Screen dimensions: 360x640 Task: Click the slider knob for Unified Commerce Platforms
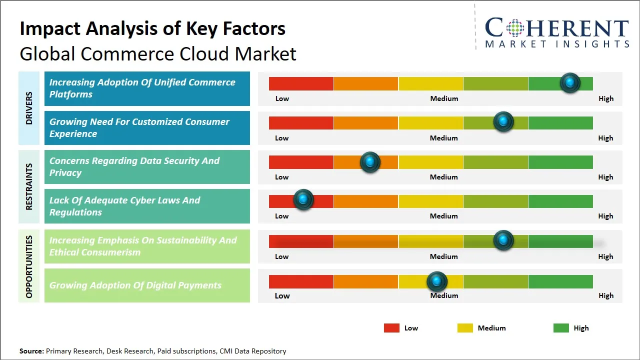[x=570, y=82]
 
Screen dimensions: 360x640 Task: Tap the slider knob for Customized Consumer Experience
[x=503, y=121]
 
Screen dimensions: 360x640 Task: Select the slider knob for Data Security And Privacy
[x=370, y=161]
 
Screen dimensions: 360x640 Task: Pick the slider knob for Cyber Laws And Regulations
[x=303, y=199]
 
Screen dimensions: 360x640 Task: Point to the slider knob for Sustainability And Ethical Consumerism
[x=503, y=240]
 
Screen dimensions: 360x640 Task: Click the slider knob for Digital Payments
[x=437, y=282]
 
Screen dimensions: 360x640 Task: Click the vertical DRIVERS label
[x=29, y=107]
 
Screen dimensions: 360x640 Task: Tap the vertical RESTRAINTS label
[x=29, y=186]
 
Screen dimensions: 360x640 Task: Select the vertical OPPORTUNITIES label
[x=29, y=266]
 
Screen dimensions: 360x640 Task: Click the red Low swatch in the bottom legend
[x=391, y=328]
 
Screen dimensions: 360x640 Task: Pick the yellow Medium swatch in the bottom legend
[x=465, y=328]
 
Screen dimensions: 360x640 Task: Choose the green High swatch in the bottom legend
[x=561, y=328]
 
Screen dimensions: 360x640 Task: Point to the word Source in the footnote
[x=31, y=351]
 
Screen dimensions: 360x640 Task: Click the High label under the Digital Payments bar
[x=606, y=295]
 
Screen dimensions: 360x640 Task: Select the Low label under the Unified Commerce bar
[x=282, y=98]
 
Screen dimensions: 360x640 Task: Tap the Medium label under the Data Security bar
[x=444, y=177]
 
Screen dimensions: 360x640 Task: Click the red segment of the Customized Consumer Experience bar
[x=301, y=122]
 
